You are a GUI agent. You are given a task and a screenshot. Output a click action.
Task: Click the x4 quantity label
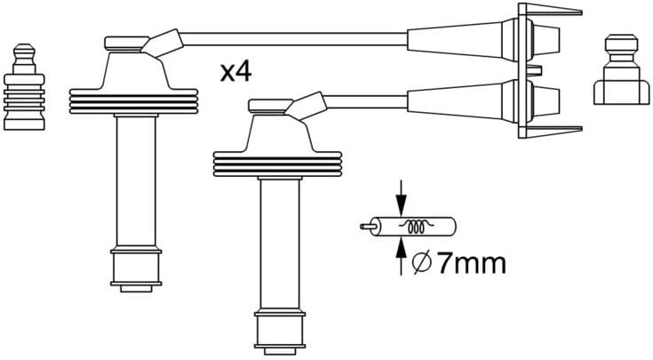point(236,72)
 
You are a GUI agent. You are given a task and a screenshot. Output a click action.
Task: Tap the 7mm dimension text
point(472,262)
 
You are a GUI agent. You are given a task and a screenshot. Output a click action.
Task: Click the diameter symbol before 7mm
point(423,262)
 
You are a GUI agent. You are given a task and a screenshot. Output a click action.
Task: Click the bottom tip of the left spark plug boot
point(136,270)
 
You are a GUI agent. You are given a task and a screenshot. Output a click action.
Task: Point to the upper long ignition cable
point(293,36)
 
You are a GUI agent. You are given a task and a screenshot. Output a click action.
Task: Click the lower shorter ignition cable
point(364,95)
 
